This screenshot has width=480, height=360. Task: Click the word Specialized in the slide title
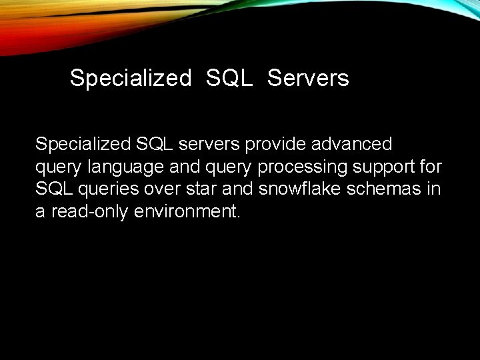click(130, 79)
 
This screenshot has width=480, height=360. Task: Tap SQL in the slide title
click(229, 79)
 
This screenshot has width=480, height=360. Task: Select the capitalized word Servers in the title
click(308, 79)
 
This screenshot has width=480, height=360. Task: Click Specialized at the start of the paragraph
click(83, 144)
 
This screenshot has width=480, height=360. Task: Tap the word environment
click(187, 212)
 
